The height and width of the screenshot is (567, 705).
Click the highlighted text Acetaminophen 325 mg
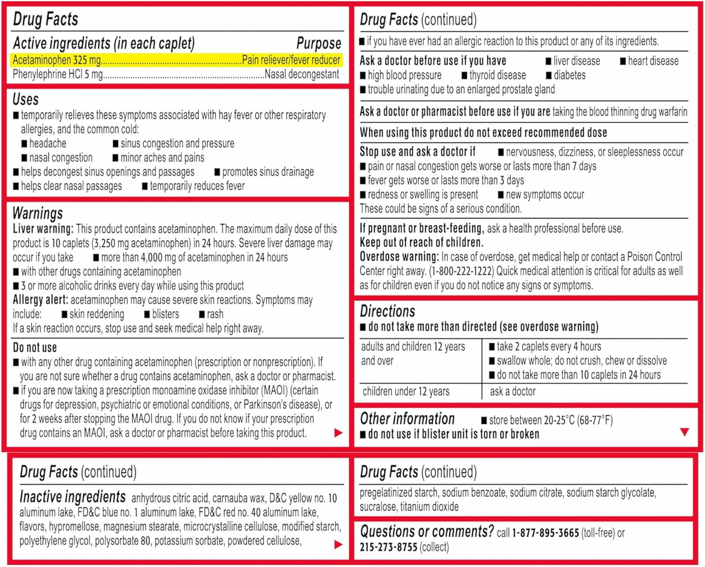(57, 60)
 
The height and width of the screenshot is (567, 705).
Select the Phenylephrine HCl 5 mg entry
(58, 75)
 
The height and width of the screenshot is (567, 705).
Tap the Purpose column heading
(319, 43)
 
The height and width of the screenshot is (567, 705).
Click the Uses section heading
(25, 99)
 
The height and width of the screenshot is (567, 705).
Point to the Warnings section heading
(38, 213)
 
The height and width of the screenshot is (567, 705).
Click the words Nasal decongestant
(302, 75)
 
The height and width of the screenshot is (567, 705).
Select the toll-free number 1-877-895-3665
(545, 533)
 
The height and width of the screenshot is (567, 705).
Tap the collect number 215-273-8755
(388, 547)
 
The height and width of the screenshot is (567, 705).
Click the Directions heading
(387, 311)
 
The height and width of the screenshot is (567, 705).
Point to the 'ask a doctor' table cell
(512, 391)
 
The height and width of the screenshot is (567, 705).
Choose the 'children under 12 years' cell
(406, 391)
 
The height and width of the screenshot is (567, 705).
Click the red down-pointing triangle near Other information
(685, 431)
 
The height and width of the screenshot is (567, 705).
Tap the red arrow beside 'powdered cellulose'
(338, 545)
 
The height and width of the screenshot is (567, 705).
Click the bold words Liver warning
(43, 229)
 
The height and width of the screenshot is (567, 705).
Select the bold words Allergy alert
(40, 300)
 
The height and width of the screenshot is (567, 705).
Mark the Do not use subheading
(35, 348)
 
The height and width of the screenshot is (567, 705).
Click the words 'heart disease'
(653, 61)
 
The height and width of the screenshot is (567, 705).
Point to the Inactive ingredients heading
(73, 497)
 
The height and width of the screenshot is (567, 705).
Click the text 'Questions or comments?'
(427, 531)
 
